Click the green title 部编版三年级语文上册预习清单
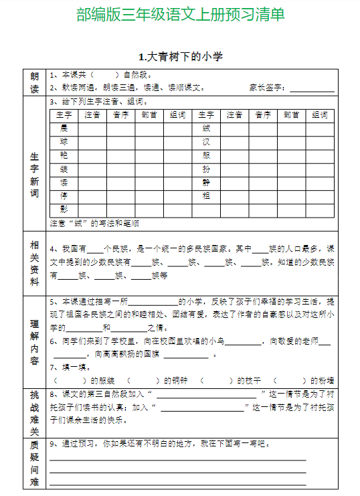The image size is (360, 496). (180, 14)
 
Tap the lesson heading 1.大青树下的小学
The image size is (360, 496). (180, 56)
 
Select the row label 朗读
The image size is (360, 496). (35, 82)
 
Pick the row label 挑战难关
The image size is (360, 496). (35, 412)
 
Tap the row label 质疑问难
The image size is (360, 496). (35, 464)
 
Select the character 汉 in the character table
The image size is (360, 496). (206, 141)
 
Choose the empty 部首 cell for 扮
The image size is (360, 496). (291, 169)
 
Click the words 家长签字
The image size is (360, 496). (267, 88)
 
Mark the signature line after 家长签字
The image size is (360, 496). (312, 89)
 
